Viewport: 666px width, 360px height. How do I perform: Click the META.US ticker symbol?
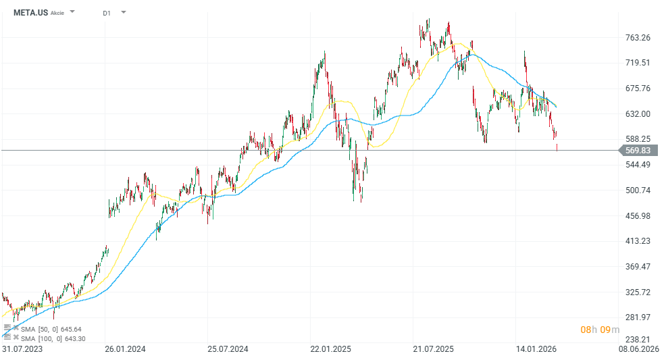(x=30, y=12)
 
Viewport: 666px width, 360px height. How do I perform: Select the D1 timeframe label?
(x=107, y=13)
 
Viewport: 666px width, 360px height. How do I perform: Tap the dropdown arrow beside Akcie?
(x=72, y=12)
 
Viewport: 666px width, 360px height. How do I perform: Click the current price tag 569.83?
(x=638, y=151)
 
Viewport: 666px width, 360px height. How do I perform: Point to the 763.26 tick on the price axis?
(x=638, y=37)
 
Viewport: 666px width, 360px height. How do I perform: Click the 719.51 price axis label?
(x=638, y=63)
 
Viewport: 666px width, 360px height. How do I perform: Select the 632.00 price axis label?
(x=638, y=113)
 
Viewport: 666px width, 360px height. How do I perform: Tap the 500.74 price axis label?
(x=638, y=190)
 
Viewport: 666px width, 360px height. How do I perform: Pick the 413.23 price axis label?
(x=638, y=241)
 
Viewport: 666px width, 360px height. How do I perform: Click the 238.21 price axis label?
(x=638, y=340)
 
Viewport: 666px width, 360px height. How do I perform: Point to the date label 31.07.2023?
(x=22, y=349)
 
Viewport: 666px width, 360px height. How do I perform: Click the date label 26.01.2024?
(x=125, y=349)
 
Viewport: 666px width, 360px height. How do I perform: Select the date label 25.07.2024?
(x=228, y=349)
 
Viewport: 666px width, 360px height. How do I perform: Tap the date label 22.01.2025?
(x=330, y=349)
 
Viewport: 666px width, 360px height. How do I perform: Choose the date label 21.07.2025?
(x=433, y=349)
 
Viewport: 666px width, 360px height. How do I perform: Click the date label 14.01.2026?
(x=536, y=349)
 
